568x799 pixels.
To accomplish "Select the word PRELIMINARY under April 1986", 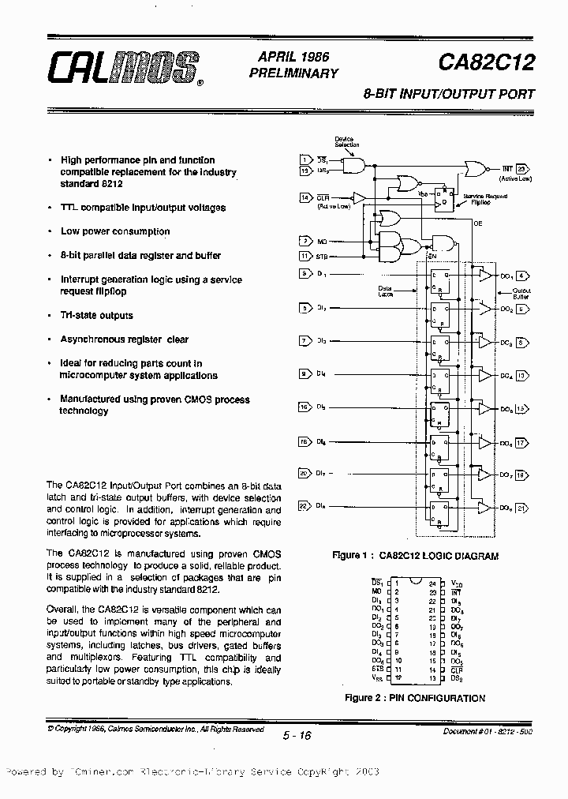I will [293, 73].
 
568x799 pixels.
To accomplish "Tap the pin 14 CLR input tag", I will [305, 197].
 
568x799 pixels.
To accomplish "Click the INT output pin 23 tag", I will [523, 168].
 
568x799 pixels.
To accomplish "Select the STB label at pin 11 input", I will [323, 256].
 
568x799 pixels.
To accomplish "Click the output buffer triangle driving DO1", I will [484, 276].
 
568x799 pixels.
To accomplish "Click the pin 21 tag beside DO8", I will [522, 508].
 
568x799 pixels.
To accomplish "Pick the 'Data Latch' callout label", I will [384, 291].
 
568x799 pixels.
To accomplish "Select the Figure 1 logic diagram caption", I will [415, 556].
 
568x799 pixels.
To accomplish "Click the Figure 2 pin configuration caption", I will [415, 698].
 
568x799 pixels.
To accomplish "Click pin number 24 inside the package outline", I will [432, 582].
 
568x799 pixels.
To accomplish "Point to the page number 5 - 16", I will [297, 736].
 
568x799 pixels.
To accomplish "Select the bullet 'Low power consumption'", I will [115, 231].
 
